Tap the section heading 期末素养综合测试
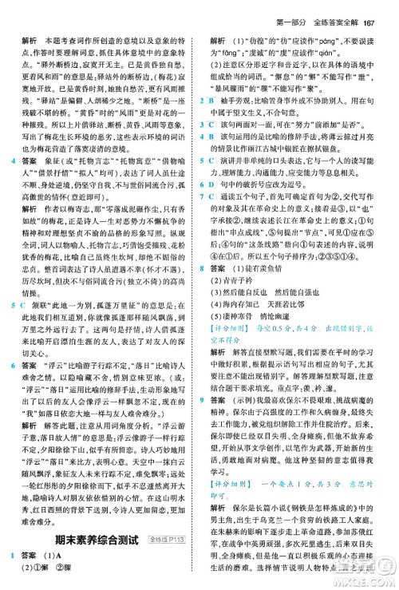[92, 539]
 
